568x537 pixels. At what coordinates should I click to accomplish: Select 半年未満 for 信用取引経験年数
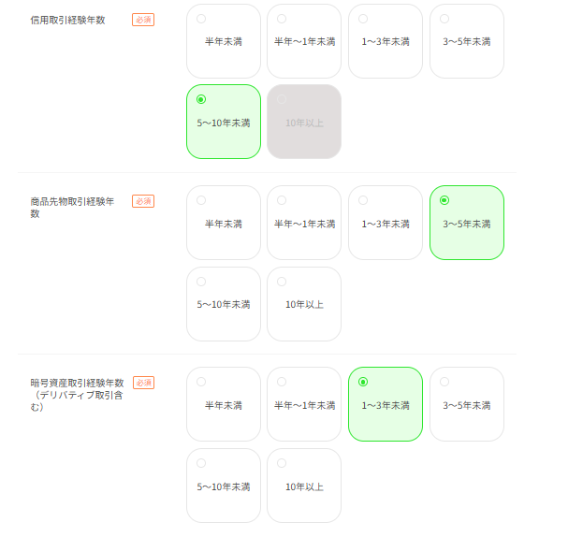pyautogui.click(x=224, y=41)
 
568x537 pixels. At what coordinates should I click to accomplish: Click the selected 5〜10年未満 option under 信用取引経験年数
pyautogui.click(x=224, y=122)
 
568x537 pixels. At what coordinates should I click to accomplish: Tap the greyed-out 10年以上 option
pyautogui.click(x=304, y=122)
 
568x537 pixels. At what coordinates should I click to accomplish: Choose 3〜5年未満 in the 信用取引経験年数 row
pyautogui.click(x=467, y=41)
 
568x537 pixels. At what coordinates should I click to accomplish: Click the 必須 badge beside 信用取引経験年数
pyautogui.click(x=143, y=20)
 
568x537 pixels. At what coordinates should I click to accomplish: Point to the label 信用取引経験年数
pyautogui.click(x=67, y=20)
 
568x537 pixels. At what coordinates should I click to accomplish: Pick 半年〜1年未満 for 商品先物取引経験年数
pyautogui.click(x=304, y=223)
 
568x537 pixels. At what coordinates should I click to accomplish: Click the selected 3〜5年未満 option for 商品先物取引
pyautogui.click(x=467, y=223)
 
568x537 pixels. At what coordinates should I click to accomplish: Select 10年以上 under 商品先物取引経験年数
pyautogui.click(x=304, y=304)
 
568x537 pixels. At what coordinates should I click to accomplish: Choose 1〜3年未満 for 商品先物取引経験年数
pyautogui.click(x=386, y=223)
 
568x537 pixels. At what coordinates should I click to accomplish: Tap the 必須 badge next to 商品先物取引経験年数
pyautogui.click(x=143, y=201)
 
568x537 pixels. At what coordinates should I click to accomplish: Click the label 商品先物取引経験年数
pyautogui.click(x=72, y=208)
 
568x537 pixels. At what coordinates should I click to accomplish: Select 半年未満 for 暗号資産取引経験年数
pyautogui.click(x=224, y=404)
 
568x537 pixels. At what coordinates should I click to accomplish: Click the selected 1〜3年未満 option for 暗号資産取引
pyautogui.click(x=386, y=404)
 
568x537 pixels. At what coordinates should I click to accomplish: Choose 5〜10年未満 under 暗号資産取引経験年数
pyautogui.click(x=224, y=486)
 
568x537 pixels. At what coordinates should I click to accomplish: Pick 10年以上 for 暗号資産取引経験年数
pyautogui.click(x=304, y=486)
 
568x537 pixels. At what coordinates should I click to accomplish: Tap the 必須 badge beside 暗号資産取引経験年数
pyautogui.click(x=144, y=383)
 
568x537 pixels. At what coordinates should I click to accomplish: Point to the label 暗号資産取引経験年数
pyautogui.click(x=77, y=395)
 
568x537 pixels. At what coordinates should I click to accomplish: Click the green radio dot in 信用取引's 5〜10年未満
pyautogui.click(x=201, y=99)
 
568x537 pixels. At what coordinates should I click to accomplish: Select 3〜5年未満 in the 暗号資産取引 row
pyautogui.click(x=467, y=404)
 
